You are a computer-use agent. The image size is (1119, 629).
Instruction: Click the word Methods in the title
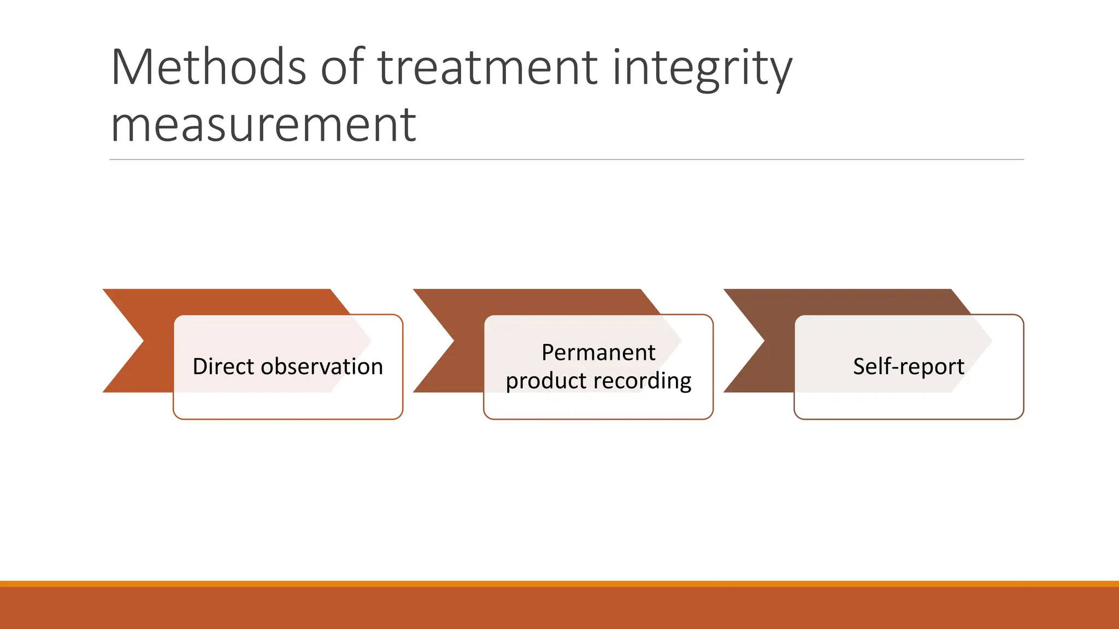[x=208, y=68]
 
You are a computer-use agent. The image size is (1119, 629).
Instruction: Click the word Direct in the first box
[x=223, y=366]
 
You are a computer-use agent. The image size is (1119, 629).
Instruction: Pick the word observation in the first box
[x=322, y=366]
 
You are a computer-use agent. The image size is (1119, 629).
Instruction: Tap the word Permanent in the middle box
[x=598, y=352]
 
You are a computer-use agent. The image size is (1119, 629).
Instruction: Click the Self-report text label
[x=908, y=366]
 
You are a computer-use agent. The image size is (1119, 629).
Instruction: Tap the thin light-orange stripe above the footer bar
[x=559, y=584]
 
